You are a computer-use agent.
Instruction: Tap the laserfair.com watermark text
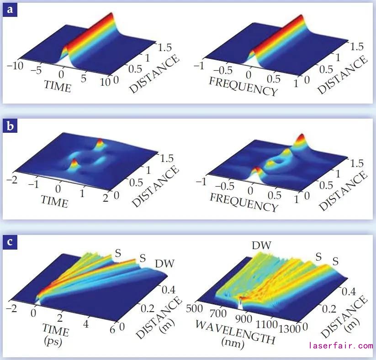point(341,345)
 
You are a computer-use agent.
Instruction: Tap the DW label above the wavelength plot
point(262,246)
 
